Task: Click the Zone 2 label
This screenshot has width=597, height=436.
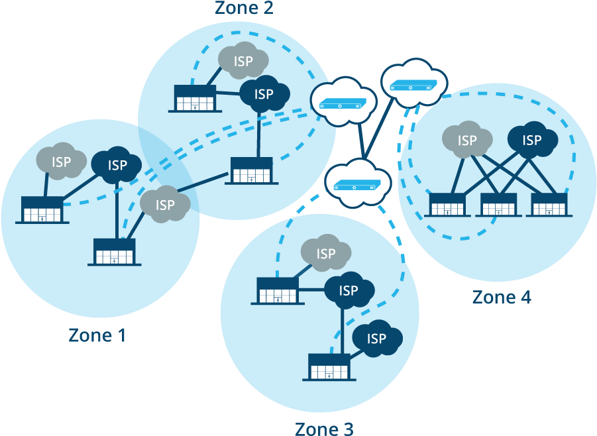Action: (244, 8)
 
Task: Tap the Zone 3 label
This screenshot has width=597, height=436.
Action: (324, 428)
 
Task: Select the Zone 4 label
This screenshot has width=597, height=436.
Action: (502, 297)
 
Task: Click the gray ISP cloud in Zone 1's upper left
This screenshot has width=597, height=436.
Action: (61, 161)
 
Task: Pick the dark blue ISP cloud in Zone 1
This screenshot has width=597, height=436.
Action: (117, 164)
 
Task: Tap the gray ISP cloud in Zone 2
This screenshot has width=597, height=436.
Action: (243, 62)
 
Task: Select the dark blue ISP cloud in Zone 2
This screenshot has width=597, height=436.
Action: (264, 94)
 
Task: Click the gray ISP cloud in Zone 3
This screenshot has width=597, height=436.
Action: (325, 253)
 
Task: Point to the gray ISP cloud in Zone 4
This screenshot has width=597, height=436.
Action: (467, 140)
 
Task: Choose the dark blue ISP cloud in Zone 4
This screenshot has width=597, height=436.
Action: (532, 140)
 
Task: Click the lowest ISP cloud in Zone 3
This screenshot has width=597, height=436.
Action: (376, 339)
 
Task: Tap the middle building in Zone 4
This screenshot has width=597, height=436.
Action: (498, 205)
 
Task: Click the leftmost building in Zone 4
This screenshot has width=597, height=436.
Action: (449, 205)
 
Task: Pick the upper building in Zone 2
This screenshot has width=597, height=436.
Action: (195, 98)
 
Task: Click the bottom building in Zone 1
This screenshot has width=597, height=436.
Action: (115, 252)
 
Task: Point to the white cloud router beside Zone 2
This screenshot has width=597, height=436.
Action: (343, 103)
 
